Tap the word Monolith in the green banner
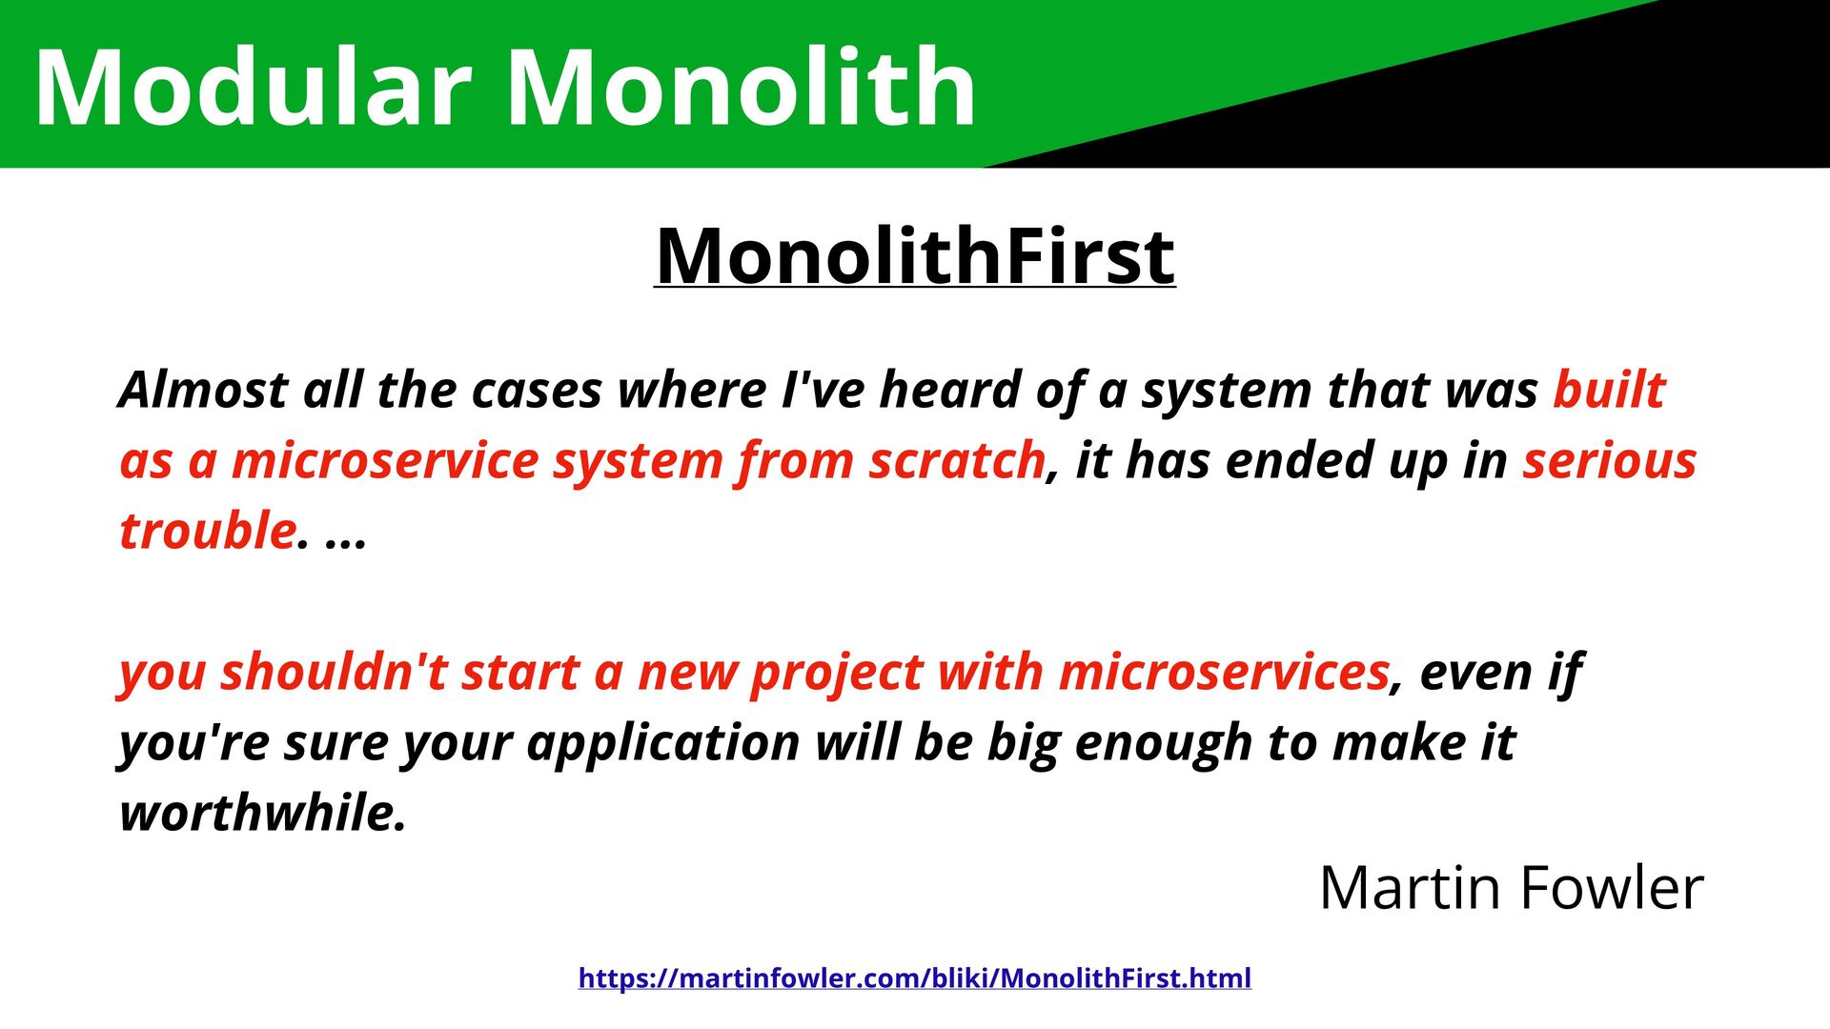pos(742,87)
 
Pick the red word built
pos(1610,390)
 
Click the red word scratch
pos(957,460)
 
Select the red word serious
pos(1610,460)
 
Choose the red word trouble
pos(208,531)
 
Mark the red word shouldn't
pos(334,672)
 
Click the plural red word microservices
pos(1224,672)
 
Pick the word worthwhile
pos(263,813)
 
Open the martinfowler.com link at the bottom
pos(915,979)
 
